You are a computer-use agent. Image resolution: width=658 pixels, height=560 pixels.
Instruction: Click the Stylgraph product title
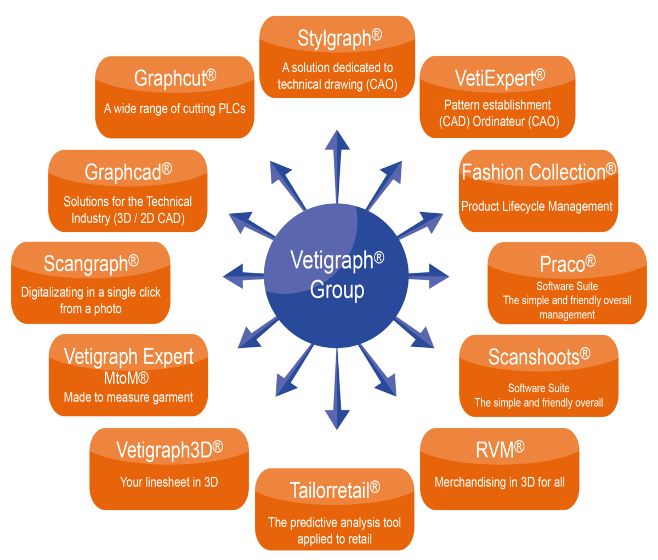tap(339, 39)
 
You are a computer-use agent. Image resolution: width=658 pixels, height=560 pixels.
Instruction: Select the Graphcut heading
tap(174, 78)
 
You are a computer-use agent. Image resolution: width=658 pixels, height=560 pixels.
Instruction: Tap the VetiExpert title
tap(500, 78)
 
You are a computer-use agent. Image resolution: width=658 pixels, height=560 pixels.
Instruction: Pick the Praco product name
tap(567, 264)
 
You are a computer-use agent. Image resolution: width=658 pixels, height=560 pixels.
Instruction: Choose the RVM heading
tap(500, 450)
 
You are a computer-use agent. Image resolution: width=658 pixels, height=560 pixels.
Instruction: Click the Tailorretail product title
tap(334, 489)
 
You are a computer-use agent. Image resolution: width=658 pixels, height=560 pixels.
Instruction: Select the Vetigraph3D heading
tap(169, 450)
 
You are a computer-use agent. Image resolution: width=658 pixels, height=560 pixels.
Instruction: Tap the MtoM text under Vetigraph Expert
tap(126, 378)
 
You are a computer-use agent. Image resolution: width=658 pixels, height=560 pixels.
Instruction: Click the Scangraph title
tap(90, 264)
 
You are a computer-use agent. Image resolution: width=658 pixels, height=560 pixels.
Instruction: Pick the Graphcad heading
tap(128, 172)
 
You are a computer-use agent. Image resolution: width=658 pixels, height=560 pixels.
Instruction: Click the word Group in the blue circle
tap(337, 290)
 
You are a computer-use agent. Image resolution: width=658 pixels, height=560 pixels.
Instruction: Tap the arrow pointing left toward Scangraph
tap(241, 276)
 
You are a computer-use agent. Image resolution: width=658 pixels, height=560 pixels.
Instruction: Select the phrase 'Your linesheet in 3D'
tap(169, 482)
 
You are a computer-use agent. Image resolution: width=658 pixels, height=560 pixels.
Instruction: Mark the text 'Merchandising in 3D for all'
tap(499, 482)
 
